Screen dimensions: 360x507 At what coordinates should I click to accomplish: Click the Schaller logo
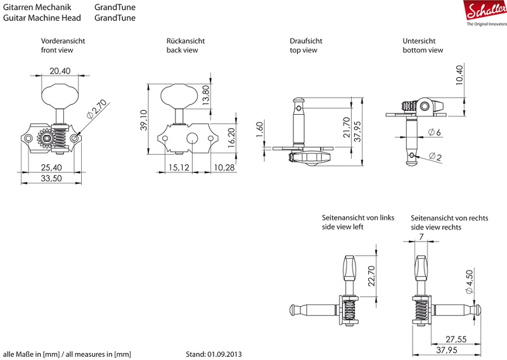(485, 11)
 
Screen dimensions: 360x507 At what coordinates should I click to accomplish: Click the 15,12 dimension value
(180, 167)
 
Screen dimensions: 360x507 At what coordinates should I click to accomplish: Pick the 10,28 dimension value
(224, 167)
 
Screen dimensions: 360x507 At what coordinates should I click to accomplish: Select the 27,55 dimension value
(455, 339)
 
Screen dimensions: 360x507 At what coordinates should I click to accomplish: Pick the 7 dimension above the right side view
(421, 236)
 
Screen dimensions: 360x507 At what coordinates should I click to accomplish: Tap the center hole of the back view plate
(189, 139)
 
